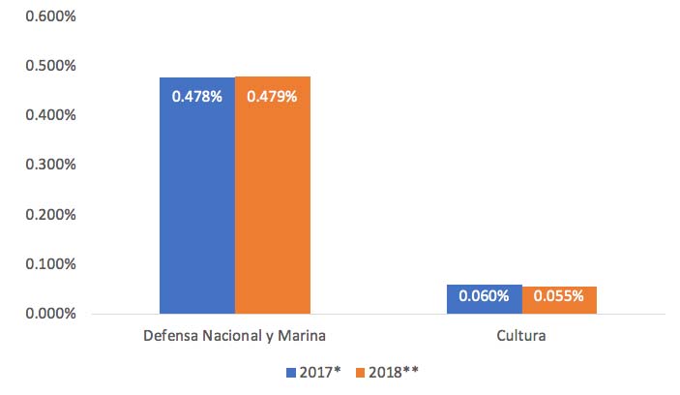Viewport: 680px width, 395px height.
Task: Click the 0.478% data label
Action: click(197, 97)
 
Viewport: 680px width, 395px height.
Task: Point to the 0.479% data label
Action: click(272, 97)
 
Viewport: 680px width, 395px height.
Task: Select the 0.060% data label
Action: click(485, 296)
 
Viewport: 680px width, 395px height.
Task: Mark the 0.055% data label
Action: click(559, 296)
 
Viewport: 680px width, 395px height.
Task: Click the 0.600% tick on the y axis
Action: click(44, 15)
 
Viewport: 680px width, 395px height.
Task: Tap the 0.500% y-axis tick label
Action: click(44, 65)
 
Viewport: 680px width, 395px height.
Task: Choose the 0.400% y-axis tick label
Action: click(44, 114)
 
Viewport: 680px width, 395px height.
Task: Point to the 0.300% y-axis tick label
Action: click(44, 164)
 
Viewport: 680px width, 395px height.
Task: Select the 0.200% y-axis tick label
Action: click(44, 214)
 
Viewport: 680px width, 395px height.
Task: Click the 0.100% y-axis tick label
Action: click(44, 263)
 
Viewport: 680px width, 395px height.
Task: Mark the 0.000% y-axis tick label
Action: click(44, 313)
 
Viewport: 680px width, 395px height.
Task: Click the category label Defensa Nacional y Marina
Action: click(235, 336)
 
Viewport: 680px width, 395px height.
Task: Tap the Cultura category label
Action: click(522, 336)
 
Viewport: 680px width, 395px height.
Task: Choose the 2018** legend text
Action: click(395, 372)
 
